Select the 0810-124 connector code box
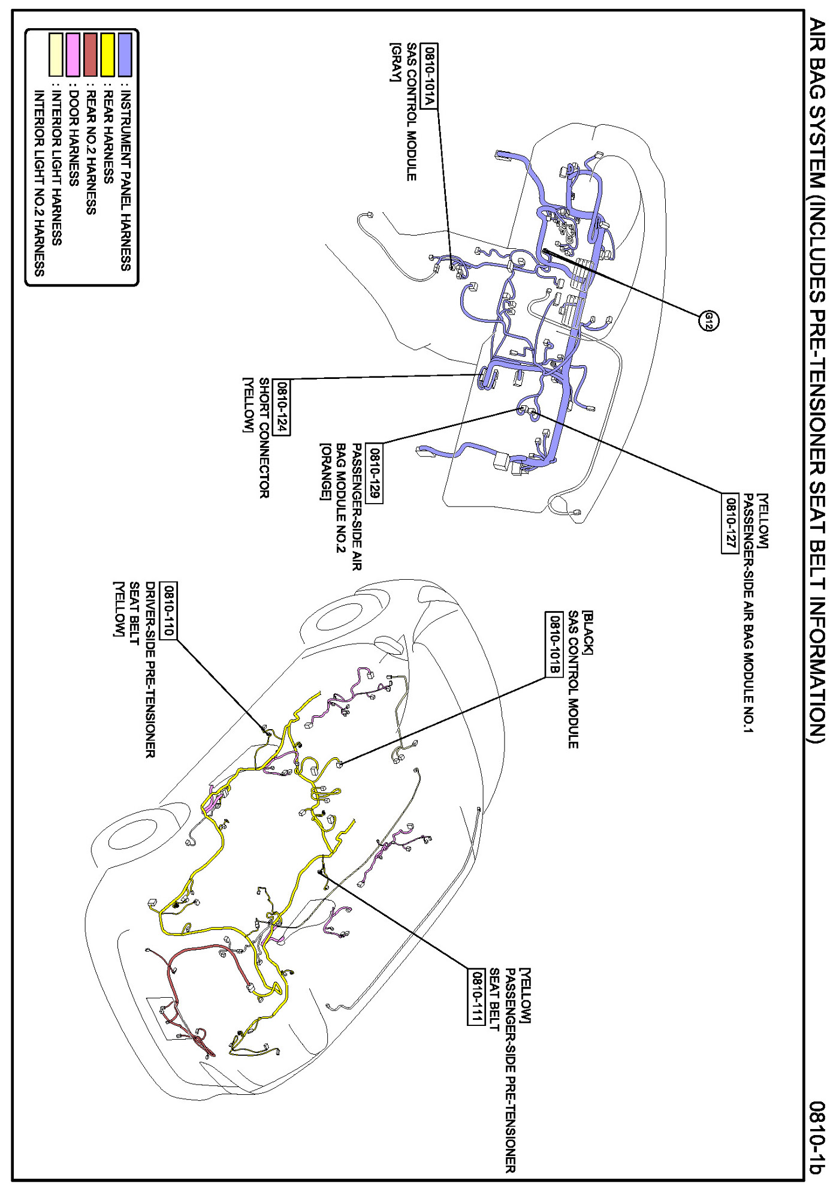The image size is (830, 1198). (281, 407)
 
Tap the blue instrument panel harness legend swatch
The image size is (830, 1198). (125, 55)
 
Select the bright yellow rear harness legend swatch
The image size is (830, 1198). (108, 55)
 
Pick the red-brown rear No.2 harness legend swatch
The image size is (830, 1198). (90, 55)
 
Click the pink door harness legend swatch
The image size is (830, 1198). (73, 55)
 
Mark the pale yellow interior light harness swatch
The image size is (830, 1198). (56, 55)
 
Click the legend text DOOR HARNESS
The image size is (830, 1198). (74, 138)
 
